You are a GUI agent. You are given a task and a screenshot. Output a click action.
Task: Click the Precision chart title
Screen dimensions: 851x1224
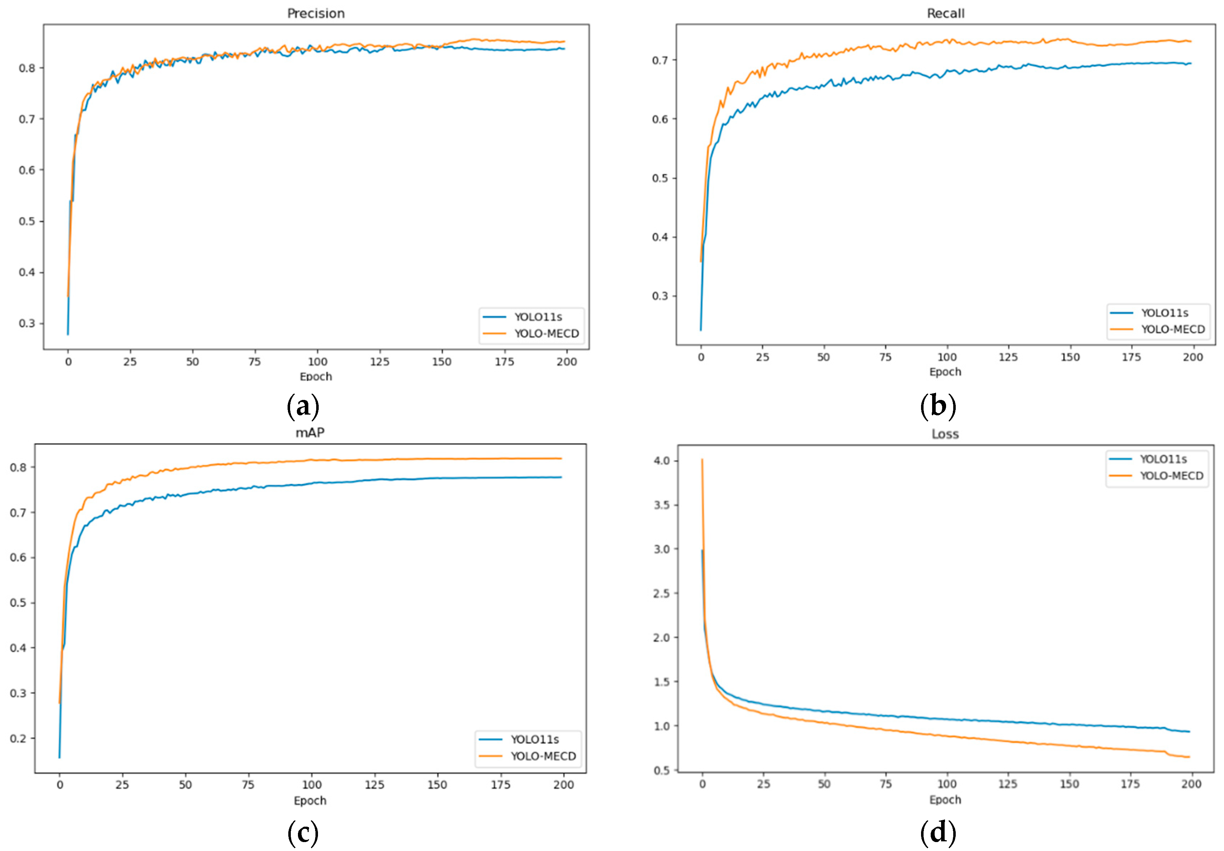[315, 13]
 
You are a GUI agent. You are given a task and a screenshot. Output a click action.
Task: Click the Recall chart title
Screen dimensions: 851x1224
[945, 13]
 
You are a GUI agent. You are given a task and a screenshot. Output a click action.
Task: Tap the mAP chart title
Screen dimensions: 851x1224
[310, 432]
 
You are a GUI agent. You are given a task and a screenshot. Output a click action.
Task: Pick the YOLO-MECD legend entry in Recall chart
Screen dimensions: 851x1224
[1172, 329]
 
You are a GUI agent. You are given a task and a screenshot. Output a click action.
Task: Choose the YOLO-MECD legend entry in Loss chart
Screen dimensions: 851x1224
[1171, 476]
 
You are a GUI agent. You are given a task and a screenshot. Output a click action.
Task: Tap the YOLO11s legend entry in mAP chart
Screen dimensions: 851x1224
[534, 739]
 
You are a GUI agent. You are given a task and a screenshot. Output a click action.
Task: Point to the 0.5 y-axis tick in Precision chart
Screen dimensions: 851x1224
[27, 221]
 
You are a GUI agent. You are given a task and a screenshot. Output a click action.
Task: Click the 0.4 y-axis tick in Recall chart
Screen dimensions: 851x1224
[660, 237]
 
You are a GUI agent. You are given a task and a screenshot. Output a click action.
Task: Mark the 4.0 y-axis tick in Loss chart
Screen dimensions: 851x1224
[662, 461]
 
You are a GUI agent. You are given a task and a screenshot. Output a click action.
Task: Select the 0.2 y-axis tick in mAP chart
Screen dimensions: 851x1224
[18, 738]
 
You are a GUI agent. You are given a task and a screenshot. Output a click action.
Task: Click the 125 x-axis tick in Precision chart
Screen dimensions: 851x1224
[380, 362]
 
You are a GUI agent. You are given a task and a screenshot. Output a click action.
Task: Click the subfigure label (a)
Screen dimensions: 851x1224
[303, 407]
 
